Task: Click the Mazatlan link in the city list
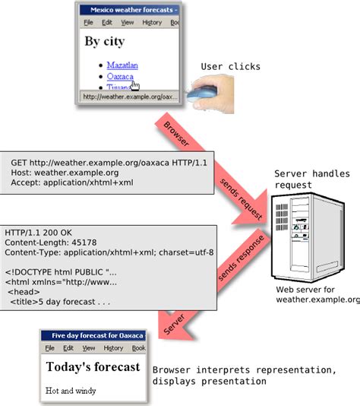(x=122, y=65)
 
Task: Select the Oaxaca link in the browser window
(x=119, y=77)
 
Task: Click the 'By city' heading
(x=104, y=41)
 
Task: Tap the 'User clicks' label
(x=230, y=67)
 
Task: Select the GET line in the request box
(x=109, y=162)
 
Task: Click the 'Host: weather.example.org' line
(x=65, y=173)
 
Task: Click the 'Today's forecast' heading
(x=93, y=367)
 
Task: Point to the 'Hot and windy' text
(x=71, y=391)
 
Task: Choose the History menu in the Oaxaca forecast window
(x=113, y=348)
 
